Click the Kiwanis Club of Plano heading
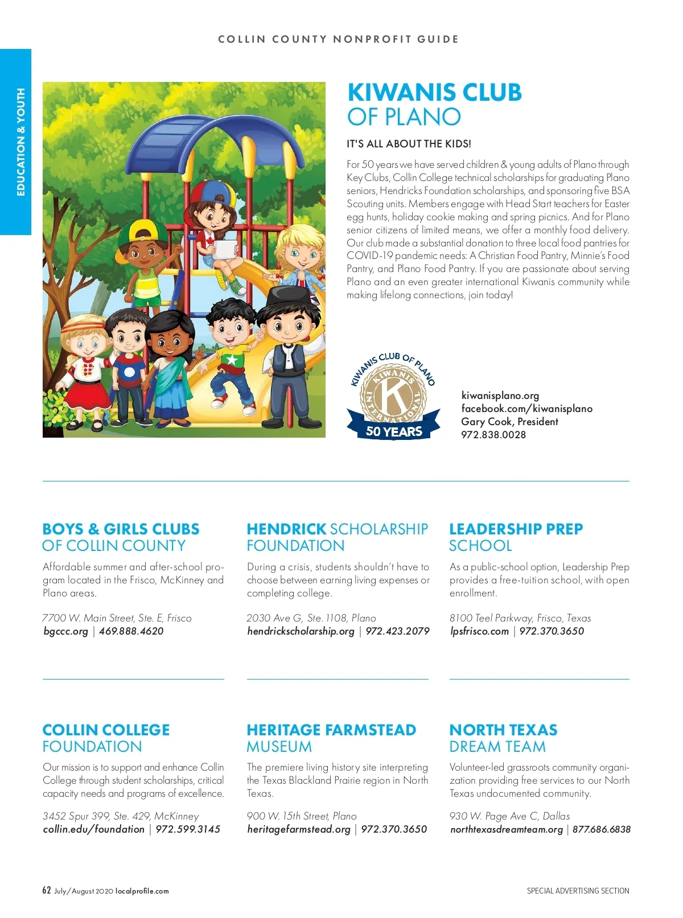point(434,105)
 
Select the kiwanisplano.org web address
point(500,396)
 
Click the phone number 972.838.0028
point(493,435)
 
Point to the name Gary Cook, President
point(509,422)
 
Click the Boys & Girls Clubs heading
point(121,537)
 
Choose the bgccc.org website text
point(66,631)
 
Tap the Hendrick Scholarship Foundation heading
point(337,537)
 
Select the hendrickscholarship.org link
point(301,631)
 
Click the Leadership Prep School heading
point(516,537)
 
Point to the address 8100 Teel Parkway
point(520,618)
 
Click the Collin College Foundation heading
point(106,738)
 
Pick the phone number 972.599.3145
point(188,829)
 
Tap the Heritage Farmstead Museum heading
point(331,738)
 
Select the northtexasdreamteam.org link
point(507,829)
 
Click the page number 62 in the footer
point(47,891)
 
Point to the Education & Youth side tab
point(20,142)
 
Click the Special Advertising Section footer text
point(578,891)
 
